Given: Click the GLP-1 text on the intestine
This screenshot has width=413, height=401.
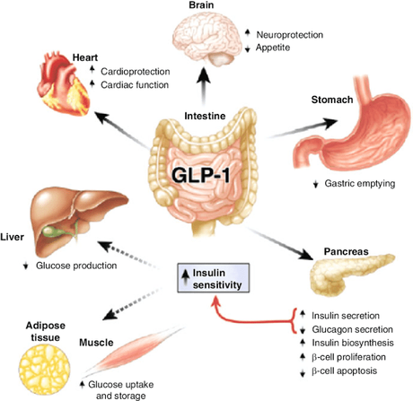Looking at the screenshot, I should click(x=207, y=176).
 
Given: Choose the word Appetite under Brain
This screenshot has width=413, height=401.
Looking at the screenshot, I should click(x=276, y=47).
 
